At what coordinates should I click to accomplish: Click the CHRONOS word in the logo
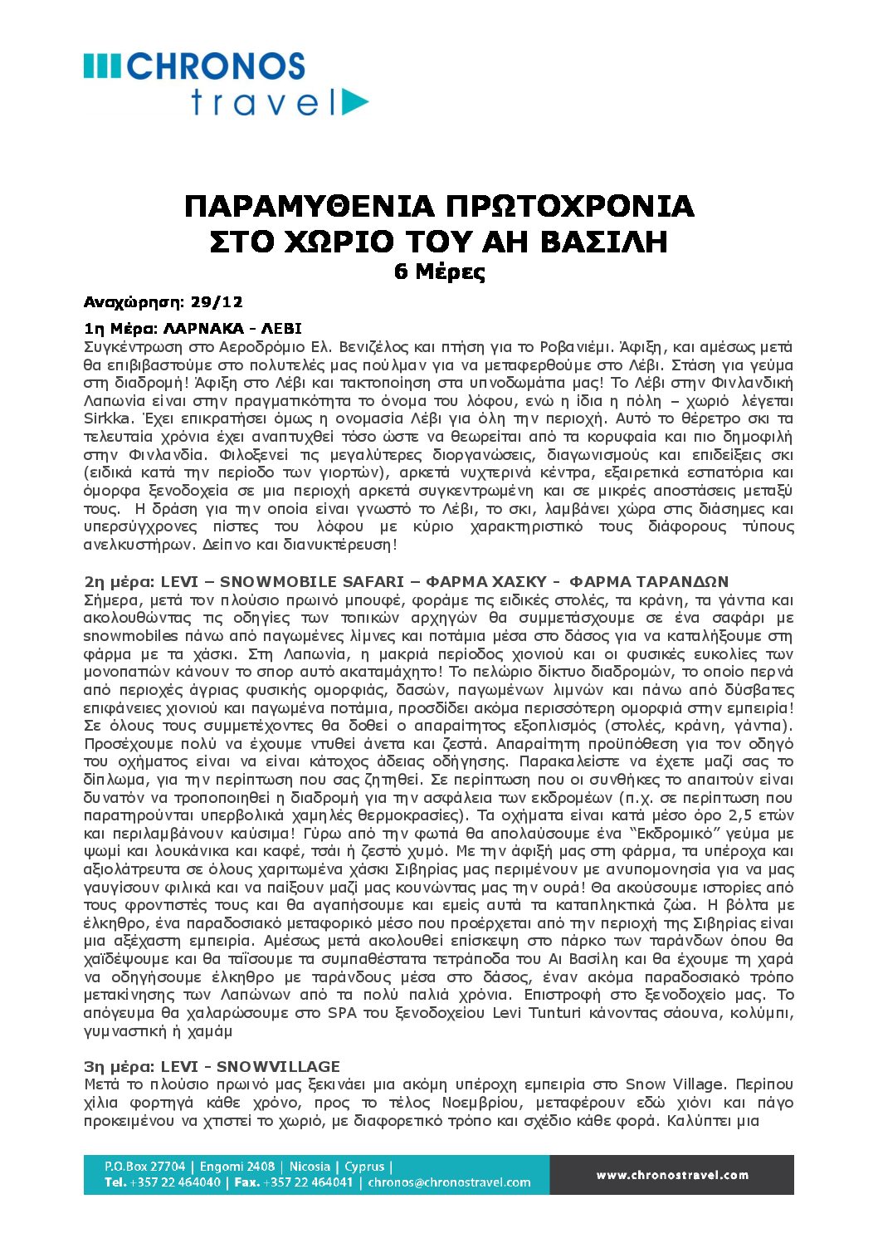pos(217,66)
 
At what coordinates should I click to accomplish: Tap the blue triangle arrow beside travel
pos(354,102)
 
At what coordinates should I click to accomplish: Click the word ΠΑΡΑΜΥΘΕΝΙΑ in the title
pos(309,206)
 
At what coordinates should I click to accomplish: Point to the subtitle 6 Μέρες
pos(439,272)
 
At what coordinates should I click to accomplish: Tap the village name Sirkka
pos(107,418)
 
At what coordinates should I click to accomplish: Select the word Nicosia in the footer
pos(310,1167)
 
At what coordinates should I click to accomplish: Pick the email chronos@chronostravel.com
pos(449,1182)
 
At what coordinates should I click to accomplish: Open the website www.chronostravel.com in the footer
pos(672,1175)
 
